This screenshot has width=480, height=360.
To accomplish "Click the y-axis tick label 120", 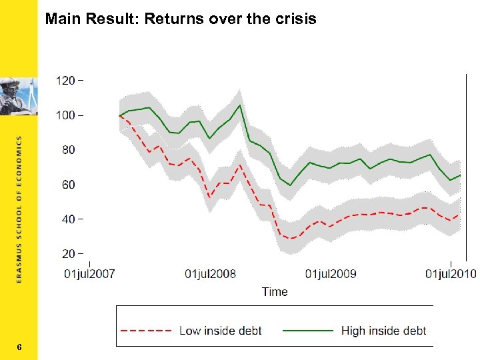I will point(65,81).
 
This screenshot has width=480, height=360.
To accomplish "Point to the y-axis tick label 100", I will point(65,115).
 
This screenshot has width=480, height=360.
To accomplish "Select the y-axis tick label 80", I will point(69,150).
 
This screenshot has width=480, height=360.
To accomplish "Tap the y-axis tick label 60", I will point(69,185).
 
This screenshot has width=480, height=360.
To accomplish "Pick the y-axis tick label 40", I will point(69,219).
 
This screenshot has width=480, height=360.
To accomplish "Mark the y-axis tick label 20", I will point(69,254).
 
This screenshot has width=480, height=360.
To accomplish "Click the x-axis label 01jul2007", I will point(90,274).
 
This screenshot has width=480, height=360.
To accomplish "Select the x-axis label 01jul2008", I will point(210,274).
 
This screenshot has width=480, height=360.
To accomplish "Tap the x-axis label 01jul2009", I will point(331,274).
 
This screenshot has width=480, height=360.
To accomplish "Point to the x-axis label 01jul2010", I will point(451,274).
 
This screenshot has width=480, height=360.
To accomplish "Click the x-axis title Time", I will point(275,291).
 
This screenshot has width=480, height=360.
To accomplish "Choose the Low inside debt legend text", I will point(221,330).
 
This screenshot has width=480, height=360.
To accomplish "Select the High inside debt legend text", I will point(383,330).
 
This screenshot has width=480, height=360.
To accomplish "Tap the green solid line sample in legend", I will point(308,330).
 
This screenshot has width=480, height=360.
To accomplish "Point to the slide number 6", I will point(19,347).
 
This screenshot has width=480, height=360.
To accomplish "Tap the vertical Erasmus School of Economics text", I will point(19,210).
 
